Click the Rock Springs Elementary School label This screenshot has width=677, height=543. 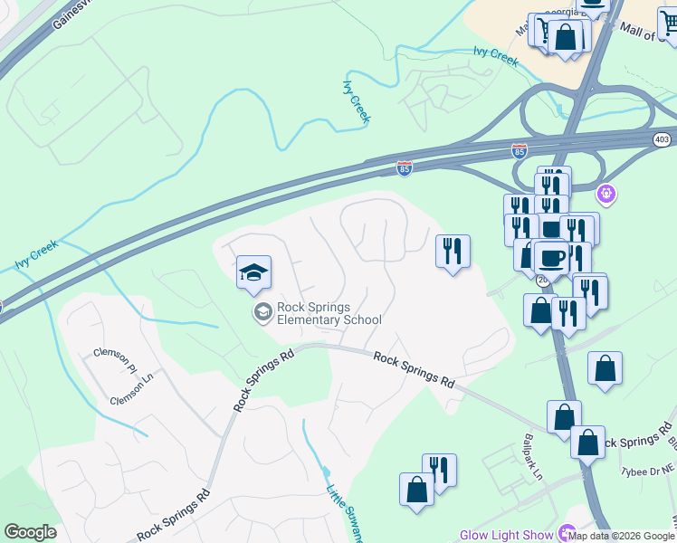pyautogui.click(x=329, y=313)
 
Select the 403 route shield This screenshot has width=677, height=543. pyautogui.click(x=663, y=138)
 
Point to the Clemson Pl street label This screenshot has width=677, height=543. pyautogui.click(x=114, y=359)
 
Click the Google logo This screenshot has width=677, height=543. pyautogui.click(x=30, y=532)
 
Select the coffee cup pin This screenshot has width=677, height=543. pyautogui.click(x=551, y=259)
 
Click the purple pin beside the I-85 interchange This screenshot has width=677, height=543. pyautogui.click(x=605, y=193)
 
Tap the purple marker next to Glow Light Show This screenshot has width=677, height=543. pyautogui.click(x=568, y=534)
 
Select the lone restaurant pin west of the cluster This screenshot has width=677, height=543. pyautogui.click(x=453, y=251)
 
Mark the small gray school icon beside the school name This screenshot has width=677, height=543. pyautogui.click(x=263, y=313)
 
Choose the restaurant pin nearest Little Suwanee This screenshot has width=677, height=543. pyautogui.click(x=439, y=471)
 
